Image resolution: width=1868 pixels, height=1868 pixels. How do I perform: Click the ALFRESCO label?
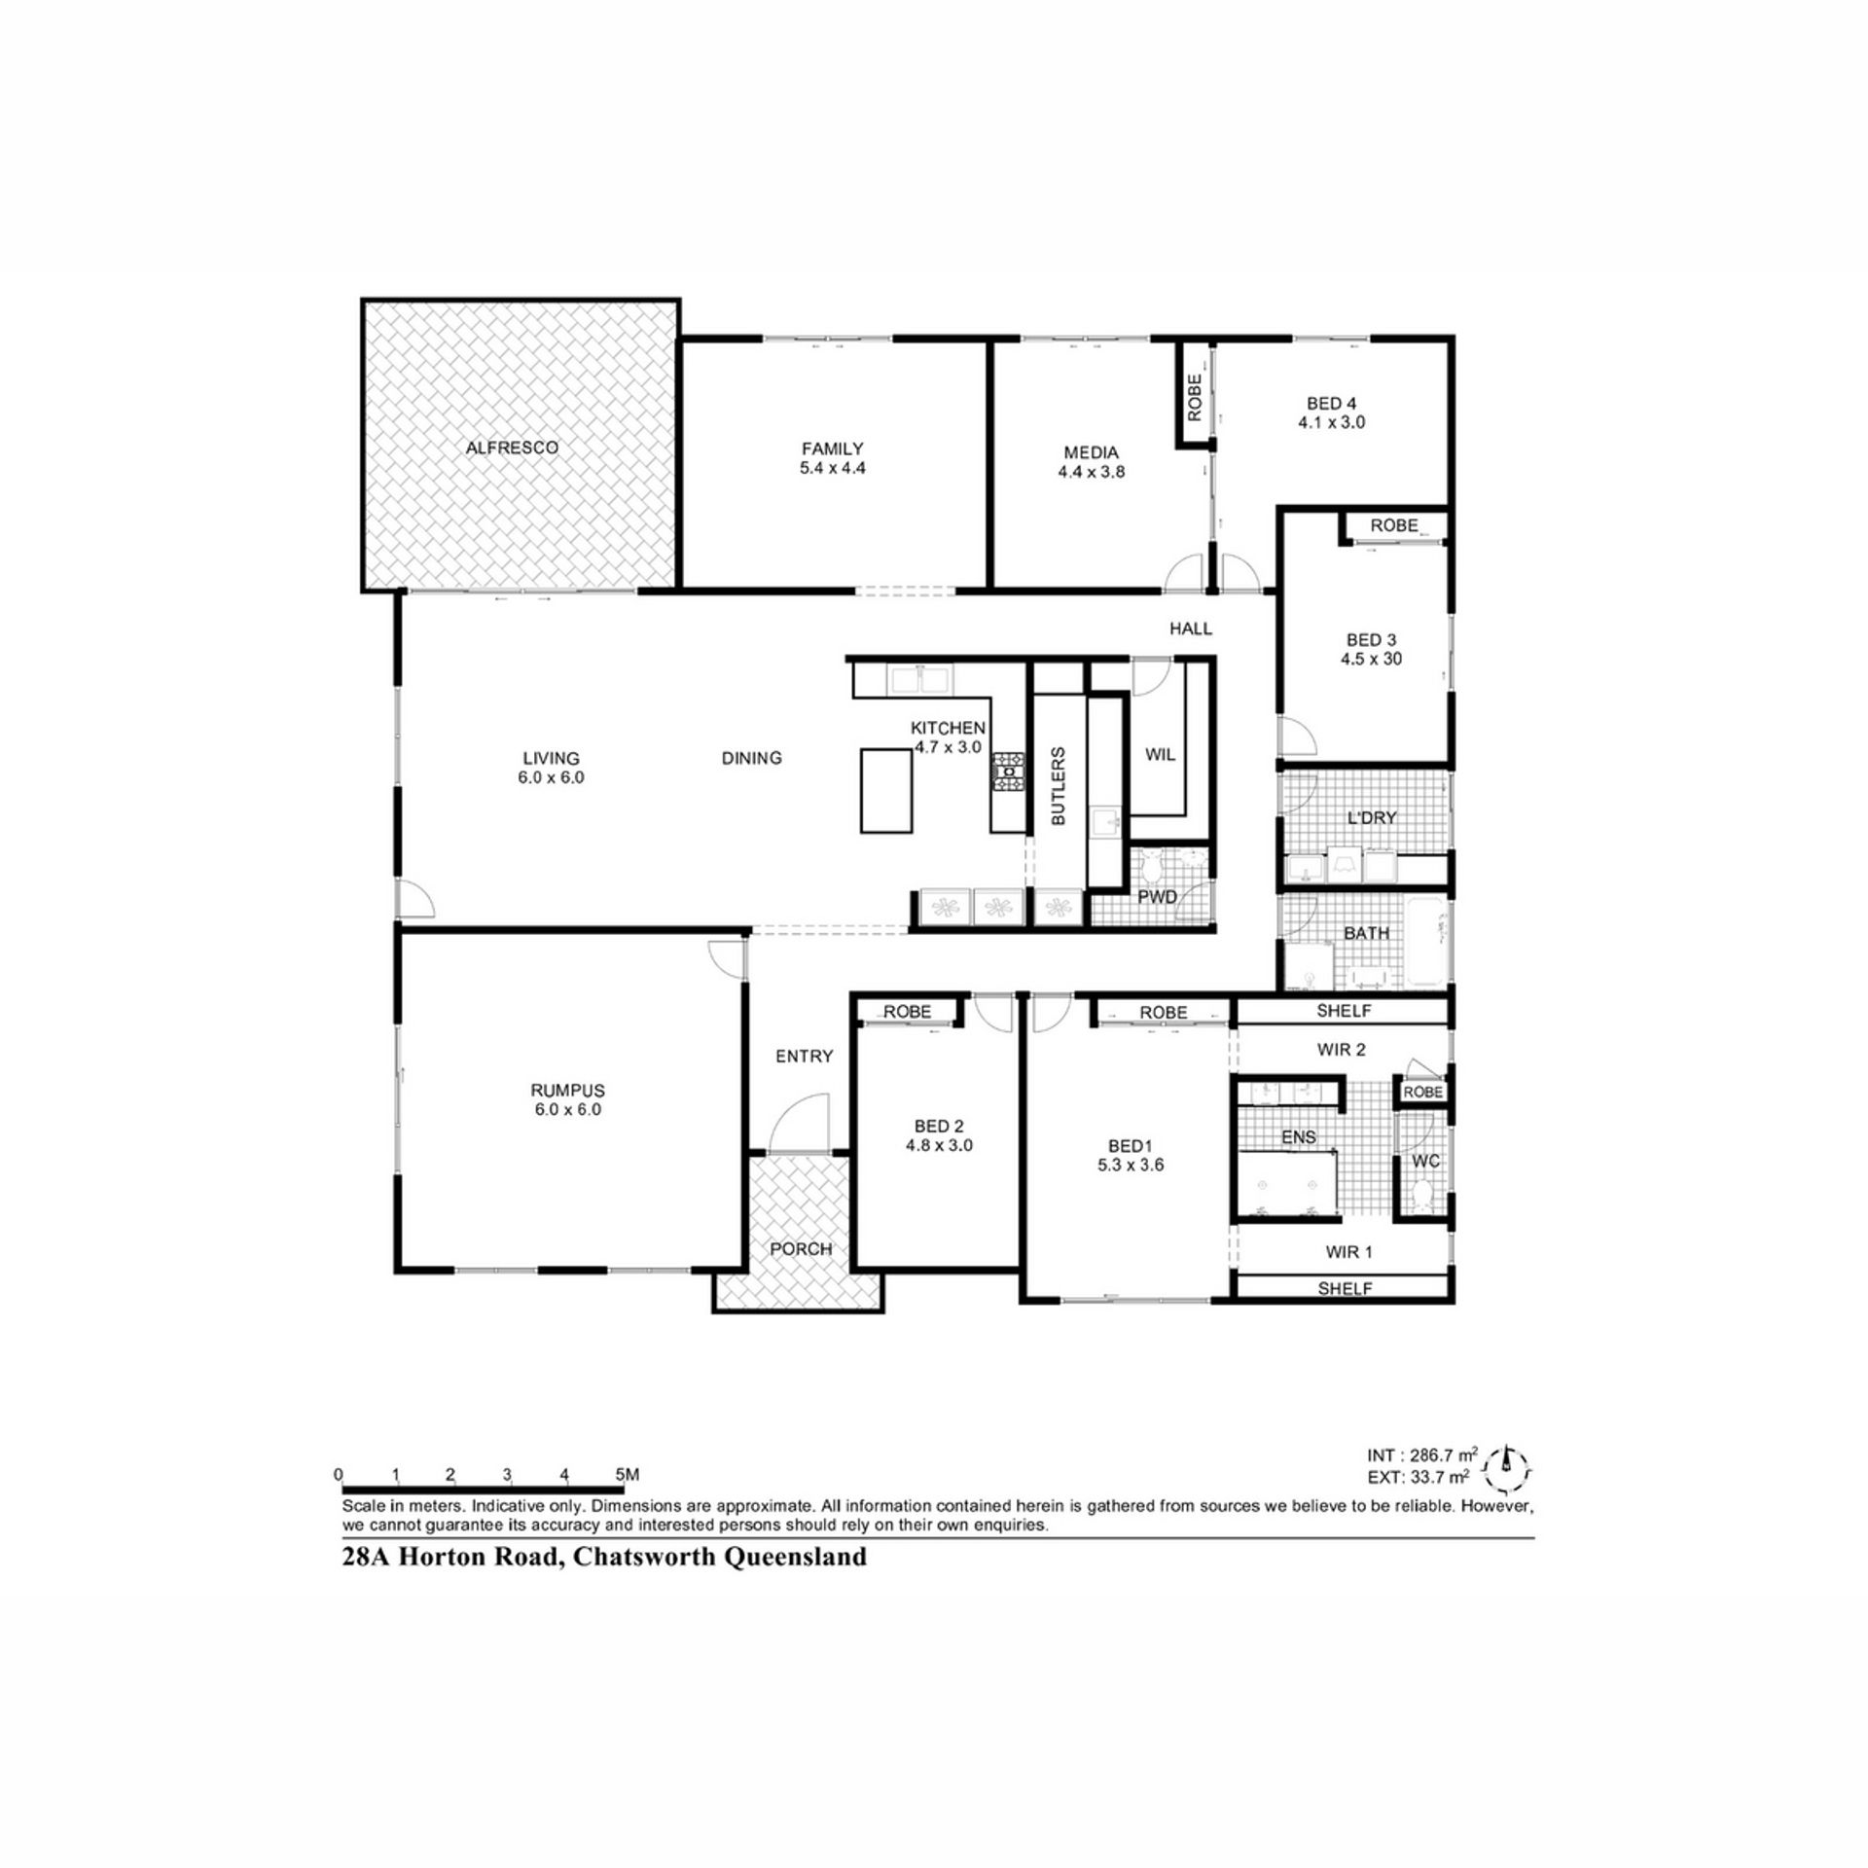512,448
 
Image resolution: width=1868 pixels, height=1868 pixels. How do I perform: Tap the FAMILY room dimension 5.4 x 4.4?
832,467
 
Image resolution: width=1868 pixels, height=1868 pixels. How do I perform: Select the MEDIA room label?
1091,452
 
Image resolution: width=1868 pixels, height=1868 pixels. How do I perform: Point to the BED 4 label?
1331,404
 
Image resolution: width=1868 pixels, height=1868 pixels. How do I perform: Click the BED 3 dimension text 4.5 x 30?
1371,659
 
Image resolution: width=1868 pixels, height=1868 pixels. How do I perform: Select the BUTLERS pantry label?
1059,786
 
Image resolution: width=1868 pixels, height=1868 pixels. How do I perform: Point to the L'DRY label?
1371,818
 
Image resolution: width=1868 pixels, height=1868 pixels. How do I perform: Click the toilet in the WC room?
1421,1196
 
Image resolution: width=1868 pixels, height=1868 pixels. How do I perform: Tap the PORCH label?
801,1248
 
